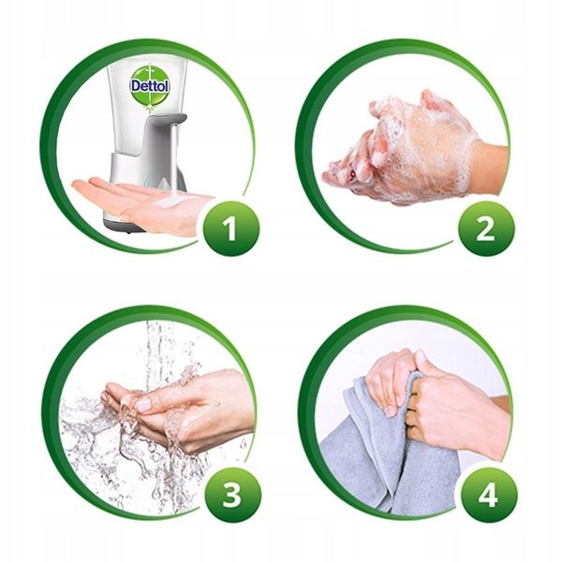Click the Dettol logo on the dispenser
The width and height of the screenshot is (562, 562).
[150, 85]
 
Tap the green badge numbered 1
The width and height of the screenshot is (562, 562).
[230, 229]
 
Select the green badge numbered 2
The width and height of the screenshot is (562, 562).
[486, 229]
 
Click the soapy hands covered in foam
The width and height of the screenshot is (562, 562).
[402, 151]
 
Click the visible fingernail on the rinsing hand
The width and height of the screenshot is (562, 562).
[143, 405]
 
